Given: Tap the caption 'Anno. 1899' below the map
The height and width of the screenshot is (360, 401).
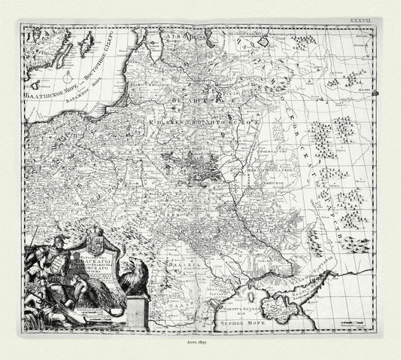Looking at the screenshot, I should click(200, 340).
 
